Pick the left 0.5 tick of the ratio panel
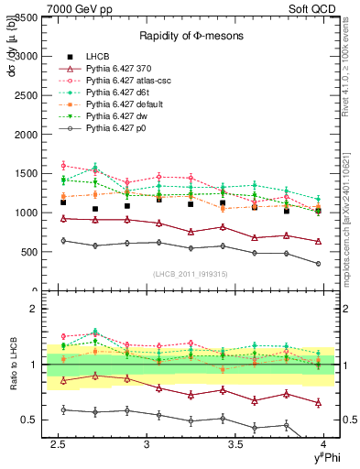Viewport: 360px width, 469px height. point(29,420)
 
